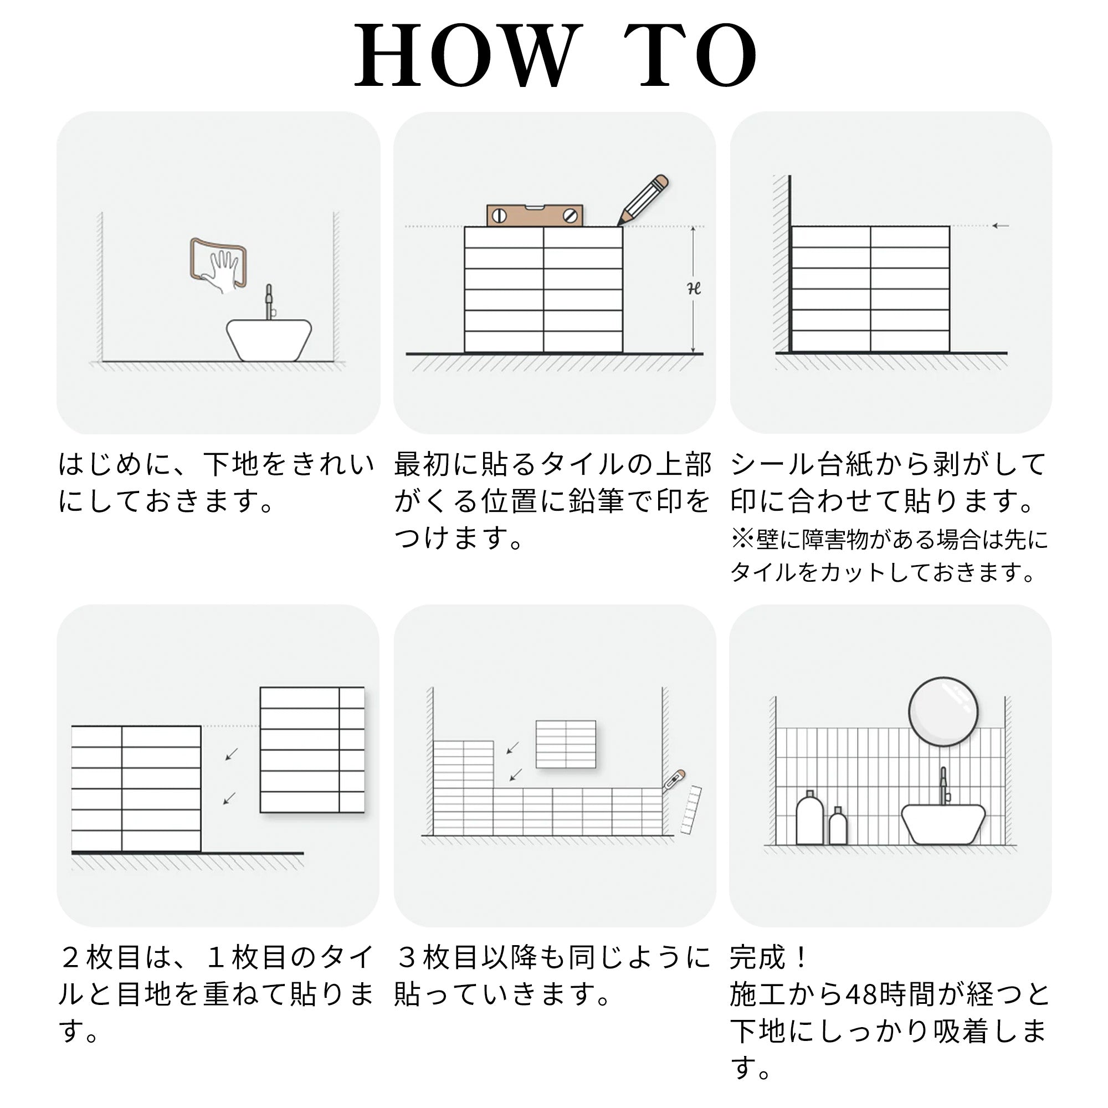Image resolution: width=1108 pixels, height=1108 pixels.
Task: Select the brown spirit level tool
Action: pos(535,216)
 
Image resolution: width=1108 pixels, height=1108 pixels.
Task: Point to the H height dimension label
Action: pos(695,289)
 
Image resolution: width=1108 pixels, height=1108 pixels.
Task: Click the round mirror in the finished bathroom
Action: pos(943,712)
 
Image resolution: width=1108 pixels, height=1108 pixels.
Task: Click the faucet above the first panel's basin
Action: pos(269,302)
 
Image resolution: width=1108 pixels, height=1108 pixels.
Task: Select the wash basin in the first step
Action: pos(269,340)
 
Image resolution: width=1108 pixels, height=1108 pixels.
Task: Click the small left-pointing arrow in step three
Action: pos(1001,226)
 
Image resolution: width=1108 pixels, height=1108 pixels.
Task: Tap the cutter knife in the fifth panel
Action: pos(674,781)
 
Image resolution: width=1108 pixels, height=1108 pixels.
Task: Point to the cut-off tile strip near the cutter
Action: pos(691,809)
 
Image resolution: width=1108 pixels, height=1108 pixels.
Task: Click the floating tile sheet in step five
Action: pos(566,744)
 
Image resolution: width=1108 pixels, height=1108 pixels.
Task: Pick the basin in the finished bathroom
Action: pos(943,824)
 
